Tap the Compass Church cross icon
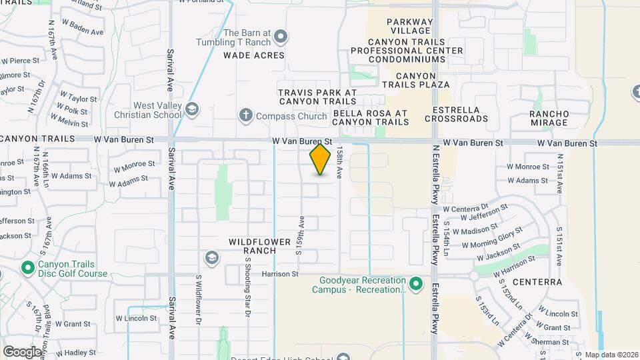pyautogui.click(x=246, y=116)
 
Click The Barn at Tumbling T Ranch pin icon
pyautogui.click(x=281, y=36)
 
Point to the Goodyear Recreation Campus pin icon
pyautogui.click(x=416, y=285)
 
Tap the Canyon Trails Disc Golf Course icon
pyautogui.click(x=28, y=268)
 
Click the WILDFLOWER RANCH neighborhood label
pyautogui.click(x=252, y=245)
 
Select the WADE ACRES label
pyautogui.click(x=254, y=55)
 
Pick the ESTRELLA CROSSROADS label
pyautogui.click(x=461, y=114)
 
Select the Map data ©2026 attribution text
pyautogui.click(x=611, y=355)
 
